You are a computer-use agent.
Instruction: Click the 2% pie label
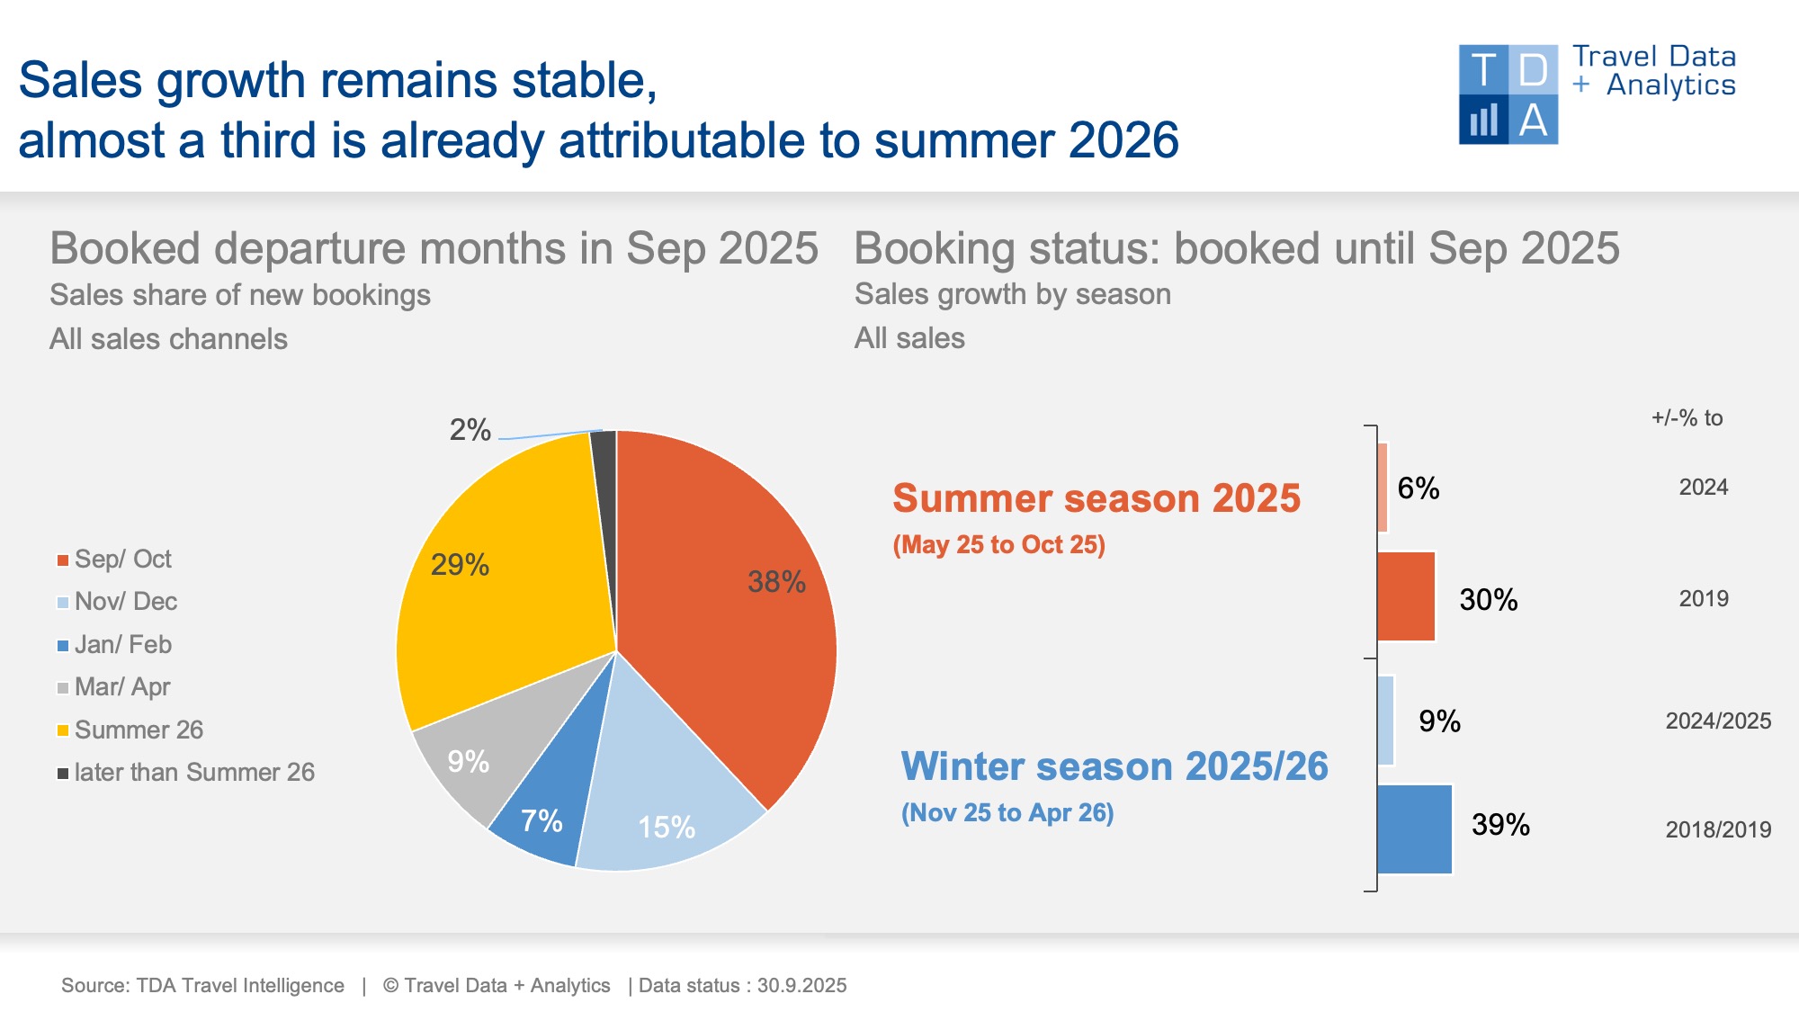coord(470,430)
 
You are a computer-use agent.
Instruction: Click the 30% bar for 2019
coord(1406,597)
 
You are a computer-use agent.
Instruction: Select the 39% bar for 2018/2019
coord(1414,828)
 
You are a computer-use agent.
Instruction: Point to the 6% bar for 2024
coord(1383,488)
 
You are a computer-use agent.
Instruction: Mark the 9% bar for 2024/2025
coord(1385,721)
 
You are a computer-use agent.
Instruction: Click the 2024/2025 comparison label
coord(1718,721)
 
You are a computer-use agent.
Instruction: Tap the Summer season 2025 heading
coord(1096,498)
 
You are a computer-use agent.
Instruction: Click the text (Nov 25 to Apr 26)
coord(1007,813)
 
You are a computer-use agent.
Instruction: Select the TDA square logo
coord(1508,94)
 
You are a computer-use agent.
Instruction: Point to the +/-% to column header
coord(1687,418)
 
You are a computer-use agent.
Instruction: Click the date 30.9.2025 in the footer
coord(801,986)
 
